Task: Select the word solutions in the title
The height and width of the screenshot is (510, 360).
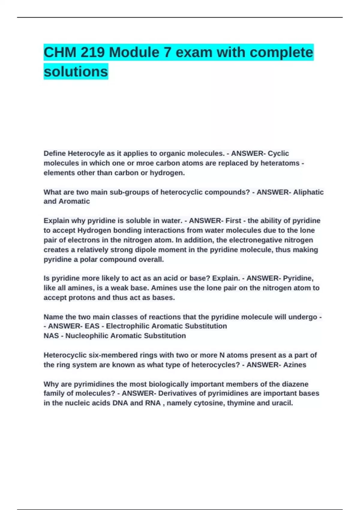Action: [76, 72]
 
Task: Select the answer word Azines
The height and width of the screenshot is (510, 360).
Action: [295, 365]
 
